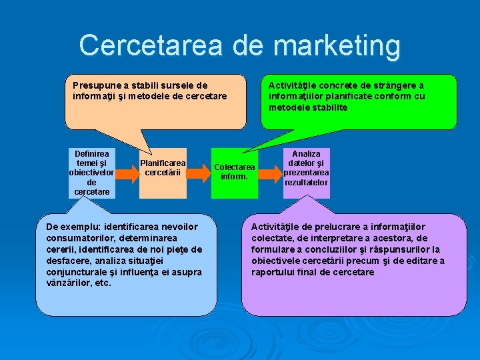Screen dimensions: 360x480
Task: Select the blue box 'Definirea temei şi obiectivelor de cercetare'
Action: click(92, 173)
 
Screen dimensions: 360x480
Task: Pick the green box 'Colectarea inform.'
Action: click(235, 172)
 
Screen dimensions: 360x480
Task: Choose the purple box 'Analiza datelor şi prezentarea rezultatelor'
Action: click(306, 173)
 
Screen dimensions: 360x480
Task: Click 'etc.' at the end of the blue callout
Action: click(102, 283)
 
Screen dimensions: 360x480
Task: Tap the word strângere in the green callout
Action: click(379, 85)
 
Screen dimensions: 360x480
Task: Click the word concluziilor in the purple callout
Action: click(324, 249)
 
